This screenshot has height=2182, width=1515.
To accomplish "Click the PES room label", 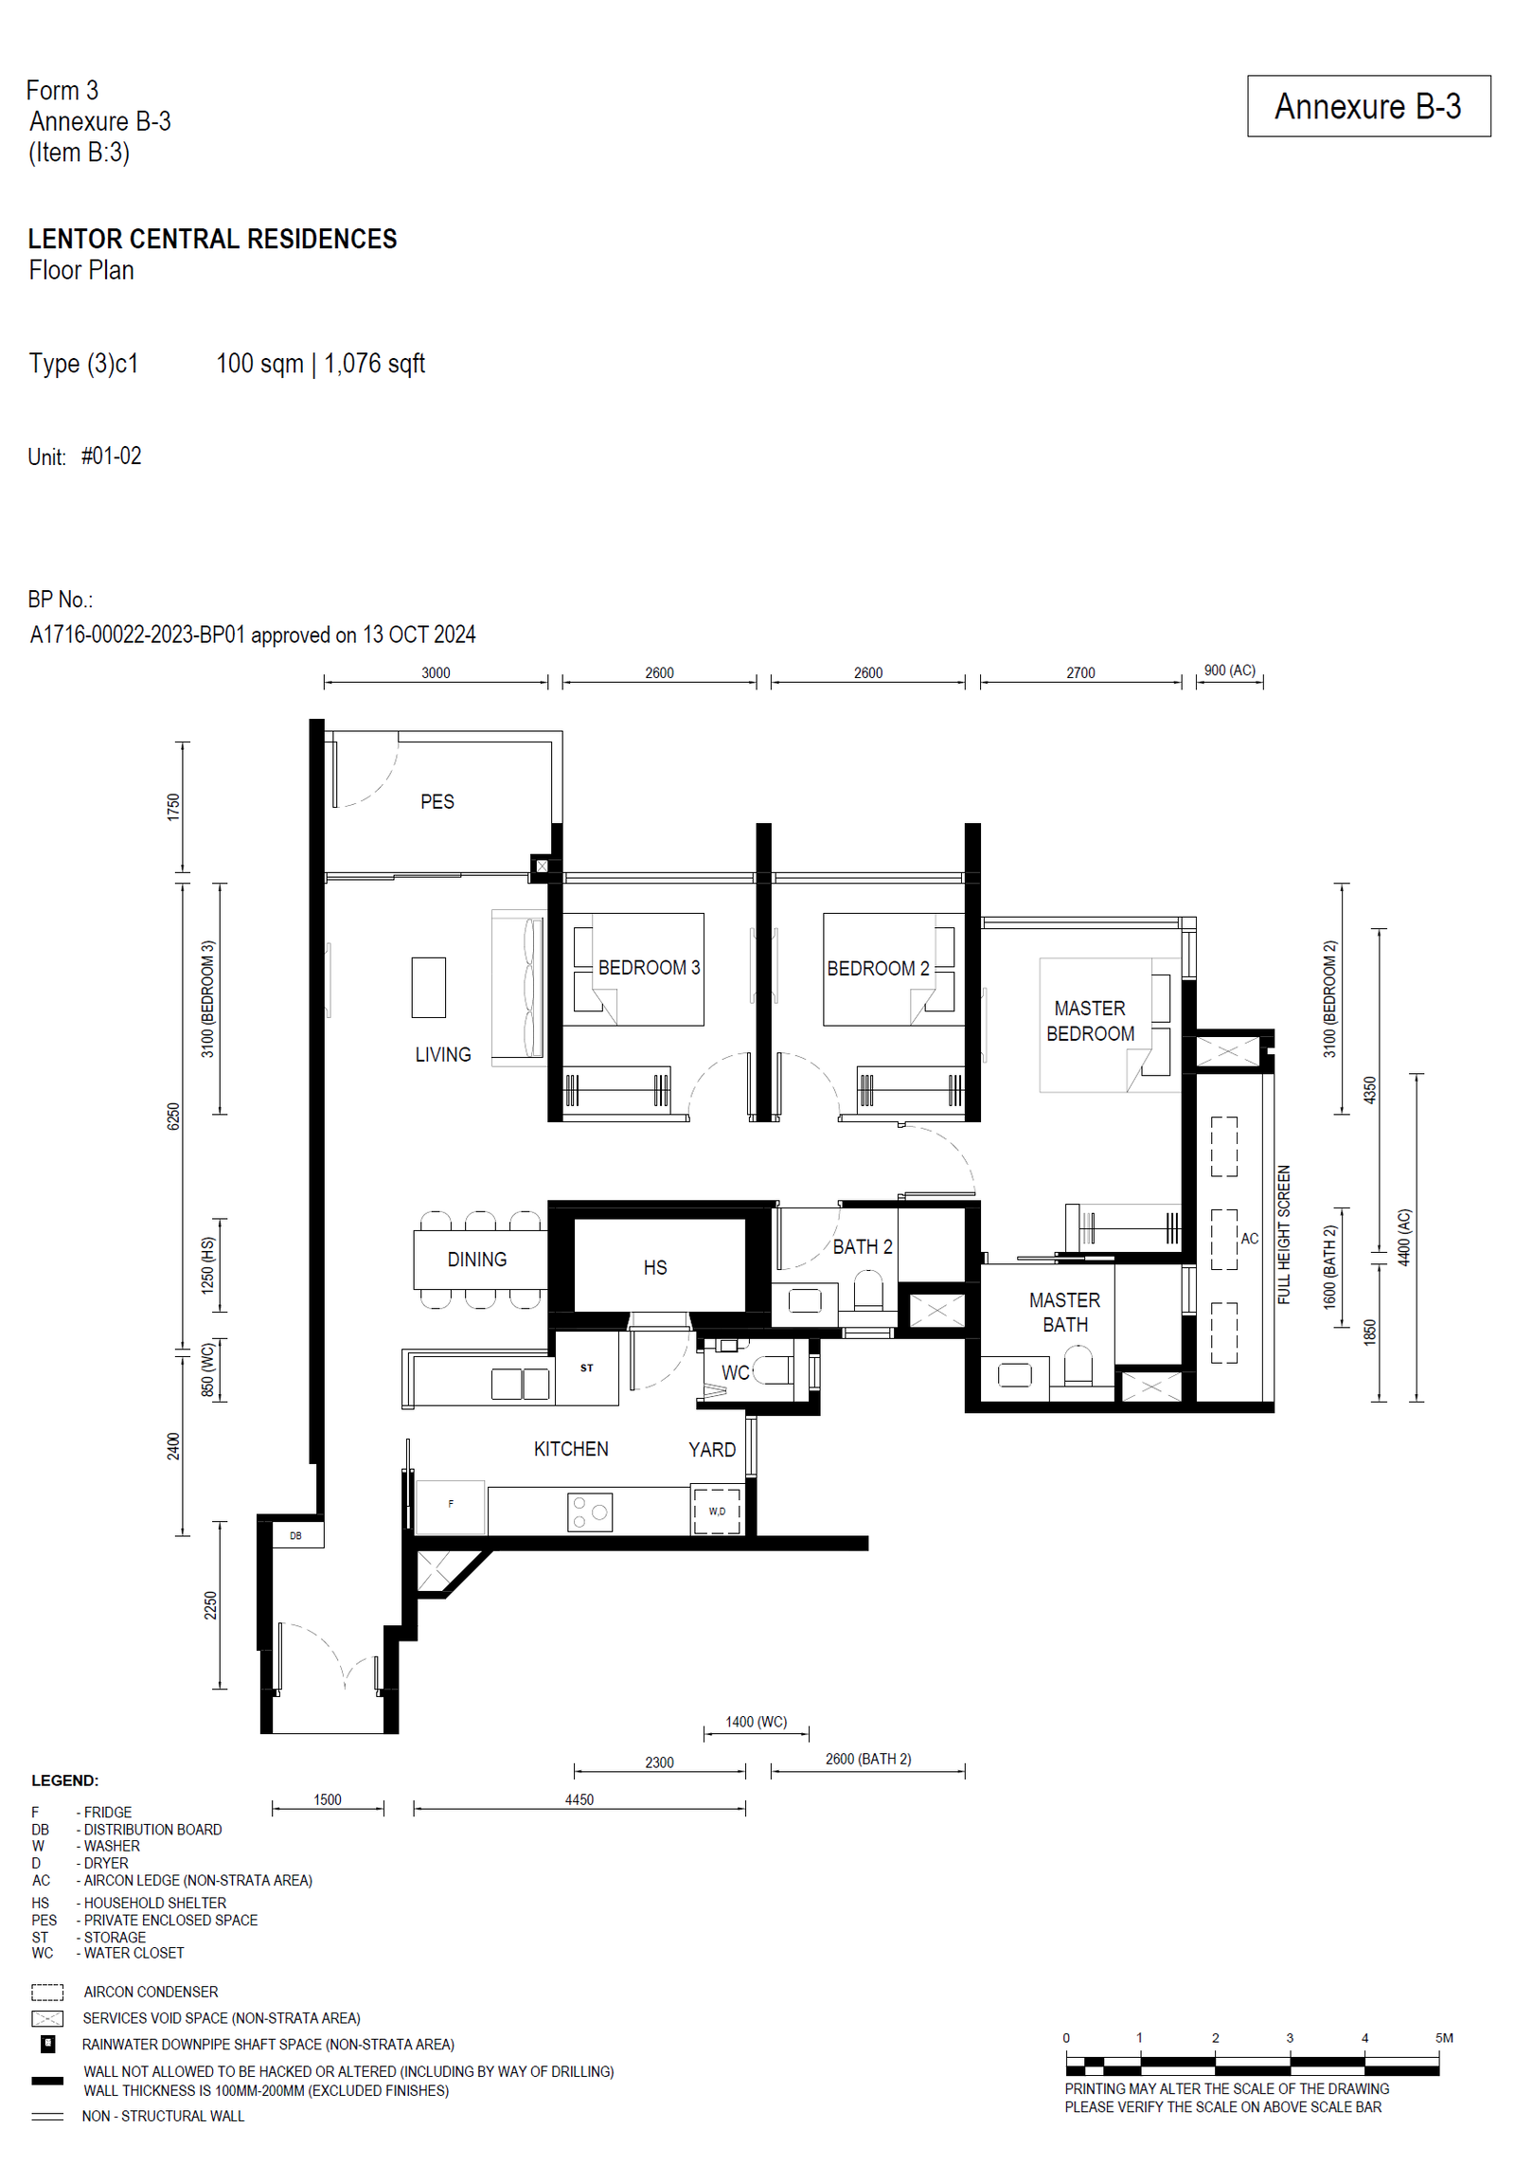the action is pos(437,802).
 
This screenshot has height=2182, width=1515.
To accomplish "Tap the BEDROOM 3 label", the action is pos(649,968).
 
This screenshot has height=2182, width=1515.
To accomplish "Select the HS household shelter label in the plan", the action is pos(655,1267).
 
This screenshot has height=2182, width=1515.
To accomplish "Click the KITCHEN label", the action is pos(571,1449).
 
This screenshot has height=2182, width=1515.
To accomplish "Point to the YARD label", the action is pos(712,1450).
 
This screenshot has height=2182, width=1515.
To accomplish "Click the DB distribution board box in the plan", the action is pos(296,1535).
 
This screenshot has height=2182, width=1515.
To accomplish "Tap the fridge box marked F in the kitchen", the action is pos(451,1507).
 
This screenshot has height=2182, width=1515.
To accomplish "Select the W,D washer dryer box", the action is pos(717,1511).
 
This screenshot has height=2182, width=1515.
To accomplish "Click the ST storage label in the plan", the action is pos(587,1368).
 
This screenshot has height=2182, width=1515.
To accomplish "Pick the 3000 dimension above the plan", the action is pos(436,673).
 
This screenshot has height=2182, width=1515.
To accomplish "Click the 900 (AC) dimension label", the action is pos(1229,671).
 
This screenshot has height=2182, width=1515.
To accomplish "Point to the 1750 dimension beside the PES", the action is pos(172,807).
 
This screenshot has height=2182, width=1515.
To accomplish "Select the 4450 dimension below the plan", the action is pos(579,1799).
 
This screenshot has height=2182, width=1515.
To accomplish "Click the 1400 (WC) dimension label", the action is pos(756,1722).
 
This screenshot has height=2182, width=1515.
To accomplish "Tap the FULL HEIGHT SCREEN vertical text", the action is pos(1284,1234).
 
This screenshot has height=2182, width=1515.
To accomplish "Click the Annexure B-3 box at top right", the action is pos(1368,106).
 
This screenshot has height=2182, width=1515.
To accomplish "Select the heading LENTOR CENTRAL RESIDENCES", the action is pos(213,239).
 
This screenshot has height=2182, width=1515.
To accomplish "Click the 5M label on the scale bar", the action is pos(1444,2038).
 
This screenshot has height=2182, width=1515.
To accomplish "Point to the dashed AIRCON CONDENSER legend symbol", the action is pos(47,1992).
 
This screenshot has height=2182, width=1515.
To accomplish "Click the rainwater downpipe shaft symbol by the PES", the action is pos(542,866).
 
